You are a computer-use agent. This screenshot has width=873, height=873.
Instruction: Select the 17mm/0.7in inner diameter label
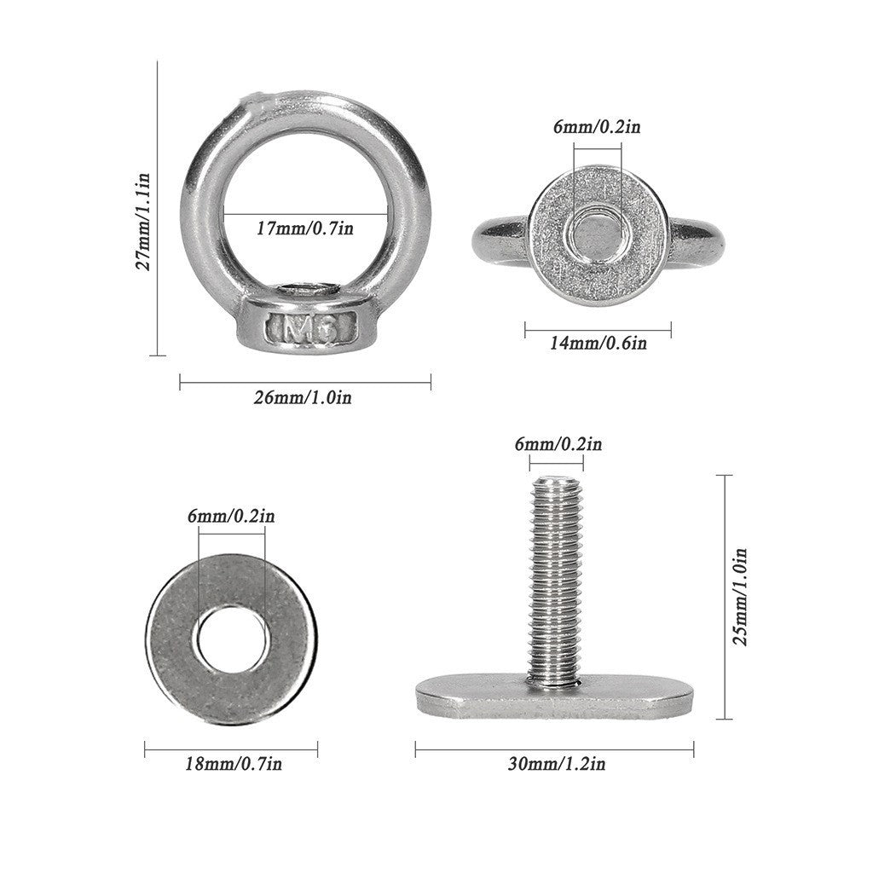(x=305, y=228)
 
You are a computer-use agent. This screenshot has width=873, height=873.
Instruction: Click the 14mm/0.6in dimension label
(x=598, y=344)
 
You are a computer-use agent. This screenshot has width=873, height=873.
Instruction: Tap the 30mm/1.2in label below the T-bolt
(x=557, y=764)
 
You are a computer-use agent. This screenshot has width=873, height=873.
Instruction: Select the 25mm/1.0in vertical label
(x=742, y=596)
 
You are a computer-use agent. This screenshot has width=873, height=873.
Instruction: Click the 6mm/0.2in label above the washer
(x=231, y=516)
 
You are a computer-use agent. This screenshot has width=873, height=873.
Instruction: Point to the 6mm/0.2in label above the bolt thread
(x=558, y=444)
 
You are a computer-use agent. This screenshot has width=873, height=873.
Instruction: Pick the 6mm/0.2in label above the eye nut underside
(x=598, y=127)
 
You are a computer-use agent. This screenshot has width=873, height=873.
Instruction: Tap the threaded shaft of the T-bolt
(x=556, y=580)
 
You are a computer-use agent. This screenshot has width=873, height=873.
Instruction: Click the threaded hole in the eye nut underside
(x=598, y=231)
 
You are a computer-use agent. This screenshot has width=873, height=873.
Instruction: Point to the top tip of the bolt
(x=556, y=479)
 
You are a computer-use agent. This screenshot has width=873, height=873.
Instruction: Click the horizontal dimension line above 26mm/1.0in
(x=305, y=383)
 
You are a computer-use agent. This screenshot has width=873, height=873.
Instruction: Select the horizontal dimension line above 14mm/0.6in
(x=598, y=328)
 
